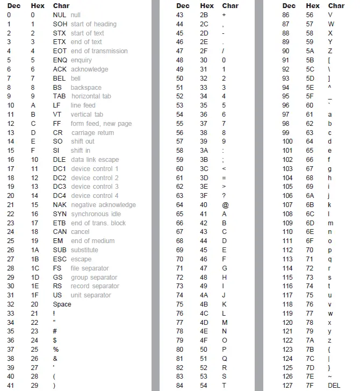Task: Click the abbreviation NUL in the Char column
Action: point(60,15)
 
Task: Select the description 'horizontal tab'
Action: point(91,96)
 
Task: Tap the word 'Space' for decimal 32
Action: point(62,304)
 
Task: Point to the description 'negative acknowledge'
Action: point(103,205)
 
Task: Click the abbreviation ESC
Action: point(60,259)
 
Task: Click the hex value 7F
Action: point(309,386)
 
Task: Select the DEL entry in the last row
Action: point(334,386)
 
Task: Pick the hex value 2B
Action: point(204,15)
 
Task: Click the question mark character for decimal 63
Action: point(224,196)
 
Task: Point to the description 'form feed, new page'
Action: point(101,124)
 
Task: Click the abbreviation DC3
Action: point(60,187)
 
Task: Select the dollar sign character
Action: point(55,340)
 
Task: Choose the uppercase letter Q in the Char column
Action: point(224,359)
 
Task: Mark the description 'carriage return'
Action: point(92,133)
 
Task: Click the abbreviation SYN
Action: point(60,214)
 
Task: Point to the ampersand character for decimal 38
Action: point(55,359)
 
